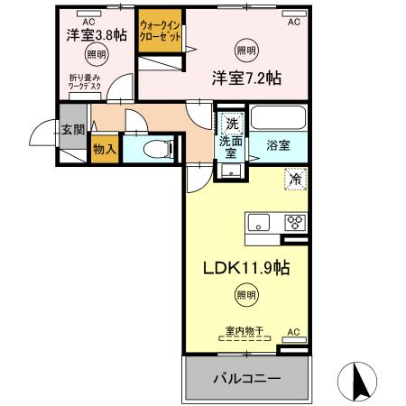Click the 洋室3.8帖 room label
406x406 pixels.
point(96,35)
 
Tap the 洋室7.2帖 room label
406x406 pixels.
point(246,78)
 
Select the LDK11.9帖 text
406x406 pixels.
point(245,268)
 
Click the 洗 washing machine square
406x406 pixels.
point(231,124)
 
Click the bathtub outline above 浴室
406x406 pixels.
point(278,119)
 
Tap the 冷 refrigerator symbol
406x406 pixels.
point(295,179)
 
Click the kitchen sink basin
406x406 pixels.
point(256,221)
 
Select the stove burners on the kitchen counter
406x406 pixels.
point(295,221)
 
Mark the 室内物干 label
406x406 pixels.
point(245,331)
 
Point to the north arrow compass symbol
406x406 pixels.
point(358,382)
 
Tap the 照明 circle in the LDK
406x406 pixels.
point(245,293)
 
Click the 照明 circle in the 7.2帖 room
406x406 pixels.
point(245,50)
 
